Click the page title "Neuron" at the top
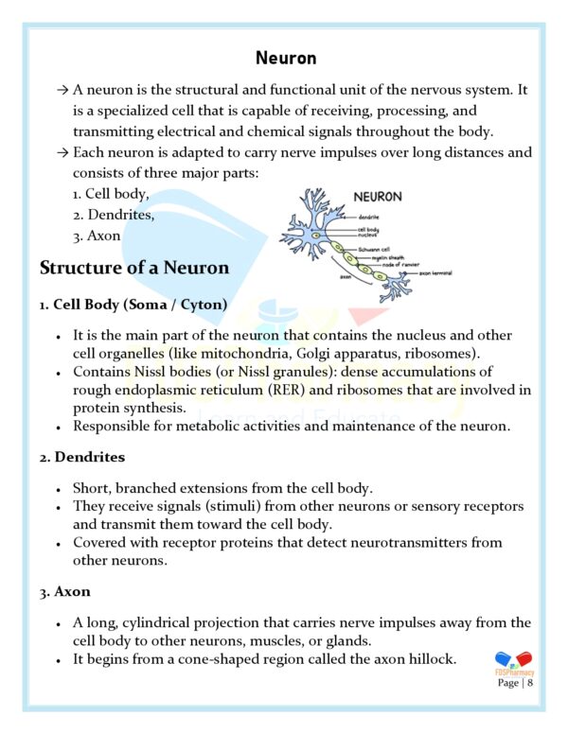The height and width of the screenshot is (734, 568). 285,59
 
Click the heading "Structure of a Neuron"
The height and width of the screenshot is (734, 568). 134,268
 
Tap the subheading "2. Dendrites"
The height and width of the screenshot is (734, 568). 82,457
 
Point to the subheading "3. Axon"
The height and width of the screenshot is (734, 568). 65,591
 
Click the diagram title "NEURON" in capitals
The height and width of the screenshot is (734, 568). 377,197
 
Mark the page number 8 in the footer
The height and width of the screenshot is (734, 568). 530,682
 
